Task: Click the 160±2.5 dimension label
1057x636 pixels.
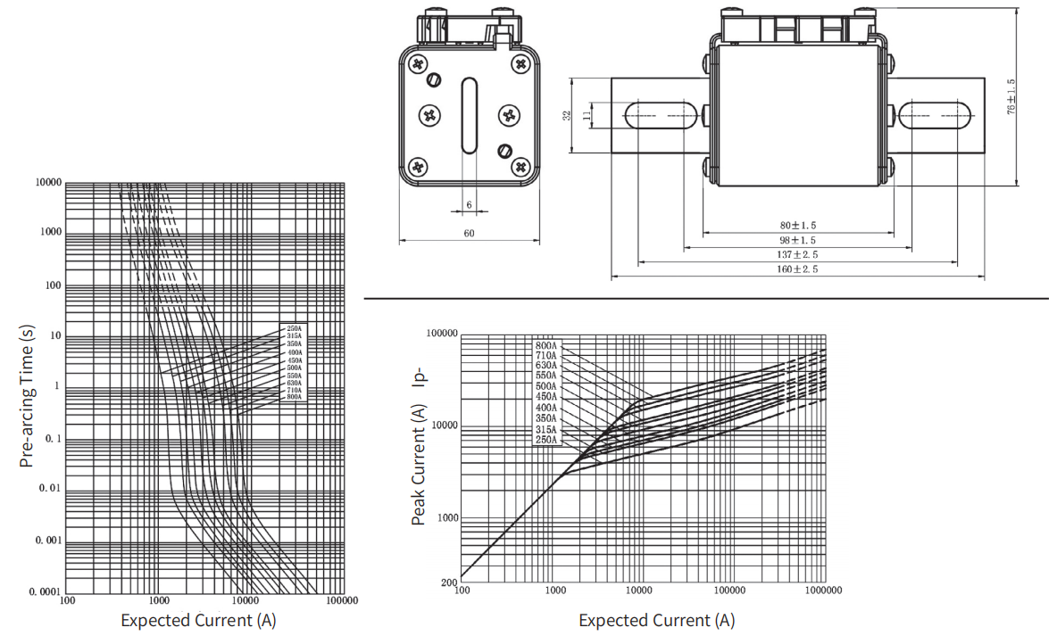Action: point(798,269)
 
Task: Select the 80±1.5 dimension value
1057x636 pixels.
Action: point(798,226)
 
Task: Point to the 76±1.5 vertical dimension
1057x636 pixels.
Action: point(1011,96)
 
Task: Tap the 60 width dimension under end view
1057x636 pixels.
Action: point(469,233)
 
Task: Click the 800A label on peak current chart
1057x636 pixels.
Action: point(546,345)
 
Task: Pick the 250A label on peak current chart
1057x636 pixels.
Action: point(546,440)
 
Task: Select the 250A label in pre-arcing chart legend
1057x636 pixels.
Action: point(293,328)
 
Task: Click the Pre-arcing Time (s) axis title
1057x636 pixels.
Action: point(27,396)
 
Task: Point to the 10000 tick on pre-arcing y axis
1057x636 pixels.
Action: point(48,182)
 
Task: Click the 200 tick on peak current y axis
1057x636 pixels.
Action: point(449,582)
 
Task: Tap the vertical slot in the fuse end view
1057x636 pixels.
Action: point(469,116)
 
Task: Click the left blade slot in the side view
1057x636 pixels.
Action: point(660,115)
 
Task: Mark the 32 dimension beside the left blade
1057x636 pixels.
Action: point(568,115)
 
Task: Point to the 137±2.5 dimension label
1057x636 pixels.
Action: point(798,255)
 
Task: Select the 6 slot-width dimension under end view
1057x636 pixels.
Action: point(469,204)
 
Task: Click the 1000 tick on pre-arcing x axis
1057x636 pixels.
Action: point(157,600)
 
